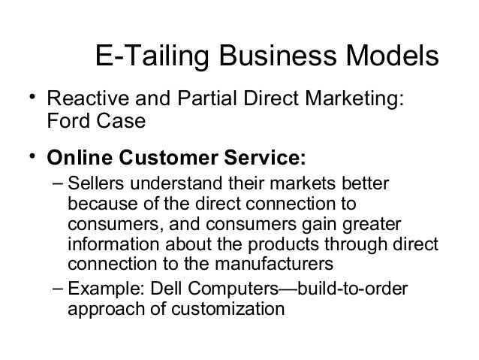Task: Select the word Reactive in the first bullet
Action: pyautogui.click(x=79, y=100)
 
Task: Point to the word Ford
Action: pyautogui.click(x=66, y=120)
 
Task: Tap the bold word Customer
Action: pyautogui.click(x=165, y=159)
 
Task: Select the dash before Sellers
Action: pyautogui.click(x=57, y=185)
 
